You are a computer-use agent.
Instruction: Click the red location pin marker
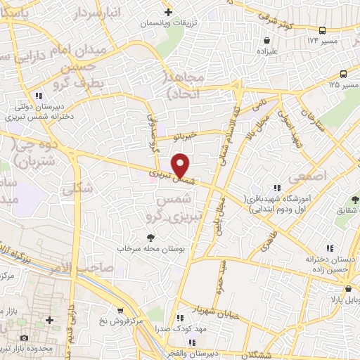pyautogui.click(x=181, y=167)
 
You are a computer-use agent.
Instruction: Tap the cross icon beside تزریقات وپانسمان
pyautogui.click(x=168, y=12)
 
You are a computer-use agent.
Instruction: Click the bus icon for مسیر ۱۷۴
pyautogui.click(x=323, y=30)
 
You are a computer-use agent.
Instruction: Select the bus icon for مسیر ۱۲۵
pyautogui.click(x=344, y=74)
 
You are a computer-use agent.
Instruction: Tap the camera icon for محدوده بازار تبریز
pyautogui.click(x=25, y=338)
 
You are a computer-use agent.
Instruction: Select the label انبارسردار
pyautogui.click(x=116, y=13)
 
